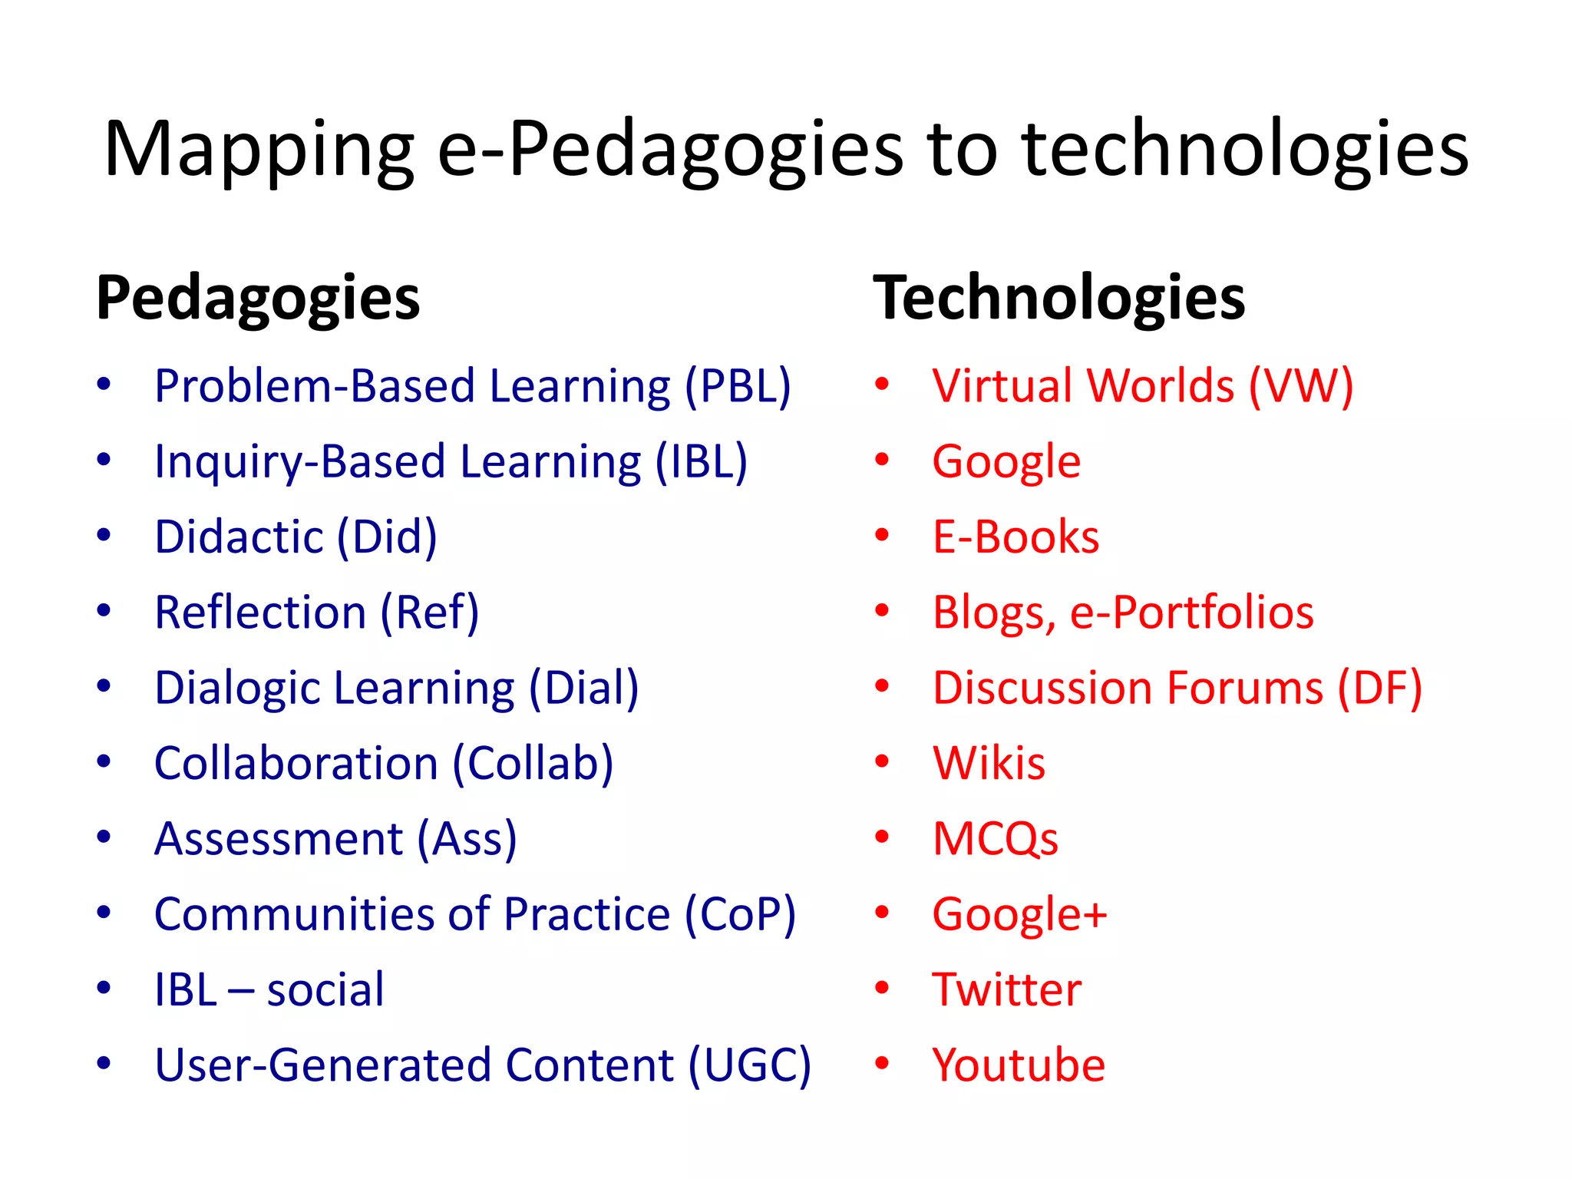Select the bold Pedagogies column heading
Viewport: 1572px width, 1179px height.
coord(258,299)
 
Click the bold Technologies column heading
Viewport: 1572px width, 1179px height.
coord(1058,299)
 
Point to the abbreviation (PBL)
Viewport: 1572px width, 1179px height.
coord(738,385)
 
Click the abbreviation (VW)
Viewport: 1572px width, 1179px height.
coord(1300,385)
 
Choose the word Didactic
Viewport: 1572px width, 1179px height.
coord(239,537)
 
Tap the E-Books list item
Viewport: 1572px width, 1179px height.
coord(1016,537)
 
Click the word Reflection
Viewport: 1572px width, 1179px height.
coord(260,613)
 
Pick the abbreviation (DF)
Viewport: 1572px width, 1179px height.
coord(1379,688)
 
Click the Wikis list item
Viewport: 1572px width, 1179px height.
coord(989,763)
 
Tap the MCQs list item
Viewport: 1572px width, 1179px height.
coord(995,838)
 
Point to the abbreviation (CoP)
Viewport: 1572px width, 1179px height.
coord(740,914)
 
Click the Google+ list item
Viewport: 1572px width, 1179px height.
coord(1019,914)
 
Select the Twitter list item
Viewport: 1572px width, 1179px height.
coord(1006,989)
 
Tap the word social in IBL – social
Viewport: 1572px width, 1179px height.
coord(325,989)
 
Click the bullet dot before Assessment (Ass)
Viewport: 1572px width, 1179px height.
coord(104,837)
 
